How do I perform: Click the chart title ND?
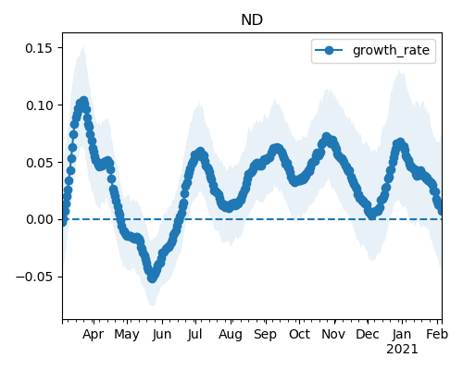click(252, 20)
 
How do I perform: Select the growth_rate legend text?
click(391, 50)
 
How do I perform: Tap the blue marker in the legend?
click(329, 50)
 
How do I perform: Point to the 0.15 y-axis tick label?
click(39, 48)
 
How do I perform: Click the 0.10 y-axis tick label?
click(39, 105)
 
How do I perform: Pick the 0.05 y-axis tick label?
click(39, 163)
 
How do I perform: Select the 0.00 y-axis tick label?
click(39, 219)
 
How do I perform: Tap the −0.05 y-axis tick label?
click(34, 277)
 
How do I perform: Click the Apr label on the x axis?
click(93, 335)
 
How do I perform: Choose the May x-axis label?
click(127, 335)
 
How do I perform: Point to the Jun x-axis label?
click(162, 335)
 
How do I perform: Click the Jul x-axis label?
click(195, 335)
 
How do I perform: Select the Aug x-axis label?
click(231, 335)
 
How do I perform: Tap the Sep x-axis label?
click(265, 335)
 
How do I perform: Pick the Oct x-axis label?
click(299, 335)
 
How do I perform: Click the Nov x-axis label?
click(333, 335)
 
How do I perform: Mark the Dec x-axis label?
click(368, 335)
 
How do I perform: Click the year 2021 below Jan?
click(402, 350)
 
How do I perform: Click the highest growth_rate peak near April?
click(83, 101)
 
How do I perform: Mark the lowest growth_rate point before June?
click(152, 278)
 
